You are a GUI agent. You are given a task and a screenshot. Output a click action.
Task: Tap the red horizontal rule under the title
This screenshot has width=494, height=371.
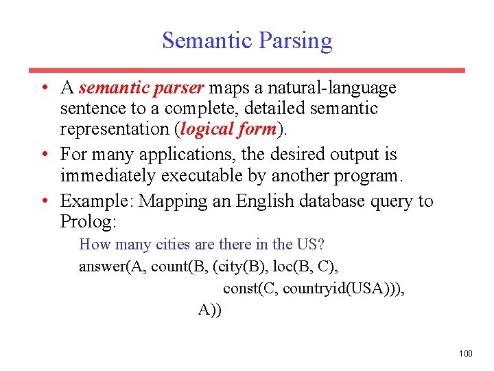tap(246, 70)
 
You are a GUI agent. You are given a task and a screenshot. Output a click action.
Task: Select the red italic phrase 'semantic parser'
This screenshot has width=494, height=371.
tap(141, 88)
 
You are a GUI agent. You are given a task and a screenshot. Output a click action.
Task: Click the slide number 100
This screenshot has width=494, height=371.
tap(465, 353)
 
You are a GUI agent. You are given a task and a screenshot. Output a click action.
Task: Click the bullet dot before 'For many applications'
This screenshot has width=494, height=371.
tap(44, 155)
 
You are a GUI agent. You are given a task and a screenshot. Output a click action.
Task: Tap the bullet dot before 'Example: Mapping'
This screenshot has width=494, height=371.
tap(44, 201)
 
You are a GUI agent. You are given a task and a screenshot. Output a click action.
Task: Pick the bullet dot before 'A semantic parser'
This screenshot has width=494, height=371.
tap(44, 88)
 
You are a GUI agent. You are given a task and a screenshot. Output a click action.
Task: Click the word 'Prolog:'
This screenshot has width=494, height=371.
tap(89, 222)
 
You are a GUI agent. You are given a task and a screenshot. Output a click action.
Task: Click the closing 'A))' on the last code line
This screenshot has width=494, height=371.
tap(210, 310)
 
